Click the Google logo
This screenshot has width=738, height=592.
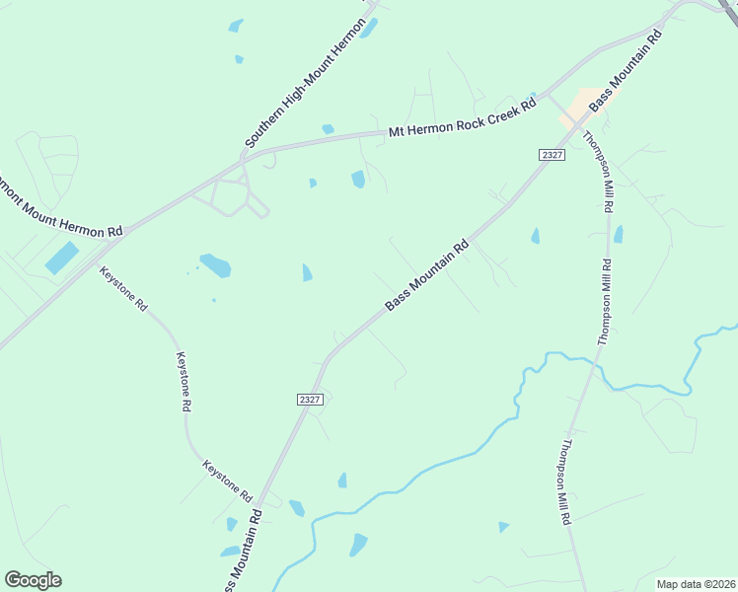(33, 580)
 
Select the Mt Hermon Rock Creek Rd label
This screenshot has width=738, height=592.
(462, 117)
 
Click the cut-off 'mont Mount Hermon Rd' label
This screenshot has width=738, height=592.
(61, 209)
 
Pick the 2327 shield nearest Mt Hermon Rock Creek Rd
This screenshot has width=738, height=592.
(553, 155)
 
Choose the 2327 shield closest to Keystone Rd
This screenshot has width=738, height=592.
(310, 399)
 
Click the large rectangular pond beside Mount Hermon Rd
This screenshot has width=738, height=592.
(61, 258)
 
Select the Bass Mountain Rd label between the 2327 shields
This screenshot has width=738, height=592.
(426, 277)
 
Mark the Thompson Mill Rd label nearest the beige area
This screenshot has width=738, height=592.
(602, 173)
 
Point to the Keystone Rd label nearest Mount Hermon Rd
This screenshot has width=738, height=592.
(124, 289)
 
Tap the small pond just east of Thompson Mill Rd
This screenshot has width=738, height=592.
(619, 235)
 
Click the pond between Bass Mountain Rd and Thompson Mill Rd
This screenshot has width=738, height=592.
(536, 236)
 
